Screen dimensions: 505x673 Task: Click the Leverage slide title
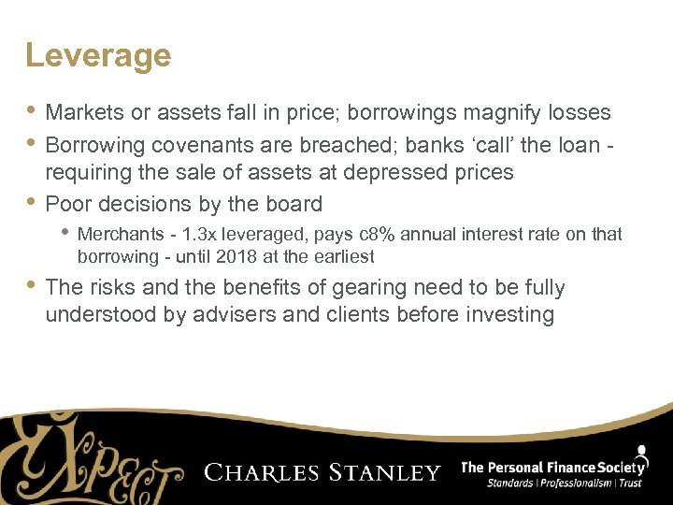pyautogui.click(x=98, y=56)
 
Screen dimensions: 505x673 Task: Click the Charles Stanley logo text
pyautogui.click(x=322, y=472)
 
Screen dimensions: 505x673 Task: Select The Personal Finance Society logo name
pyautogui.click(x=554, y=467)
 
